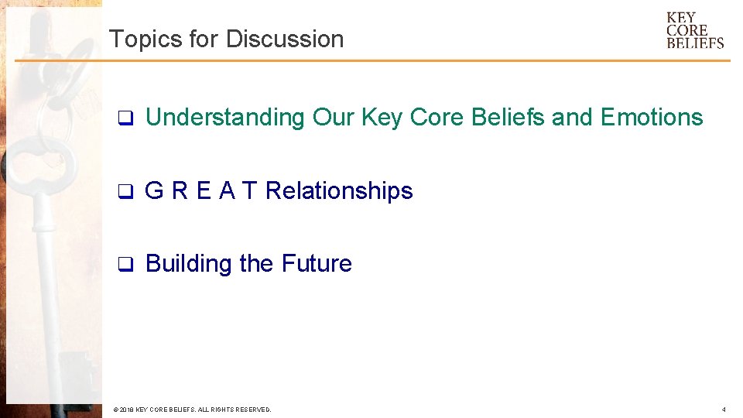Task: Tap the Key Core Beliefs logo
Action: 695,30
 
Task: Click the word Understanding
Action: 225,118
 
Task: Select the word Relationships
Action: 339,190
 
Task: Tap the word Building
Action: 189,264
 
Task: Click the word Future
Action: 317,264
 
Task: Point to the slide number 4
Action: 723,409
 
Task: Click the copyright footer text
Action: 191,409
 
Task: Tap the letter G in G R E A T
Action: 154,190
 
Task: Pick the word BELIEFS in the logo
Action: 695,43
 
